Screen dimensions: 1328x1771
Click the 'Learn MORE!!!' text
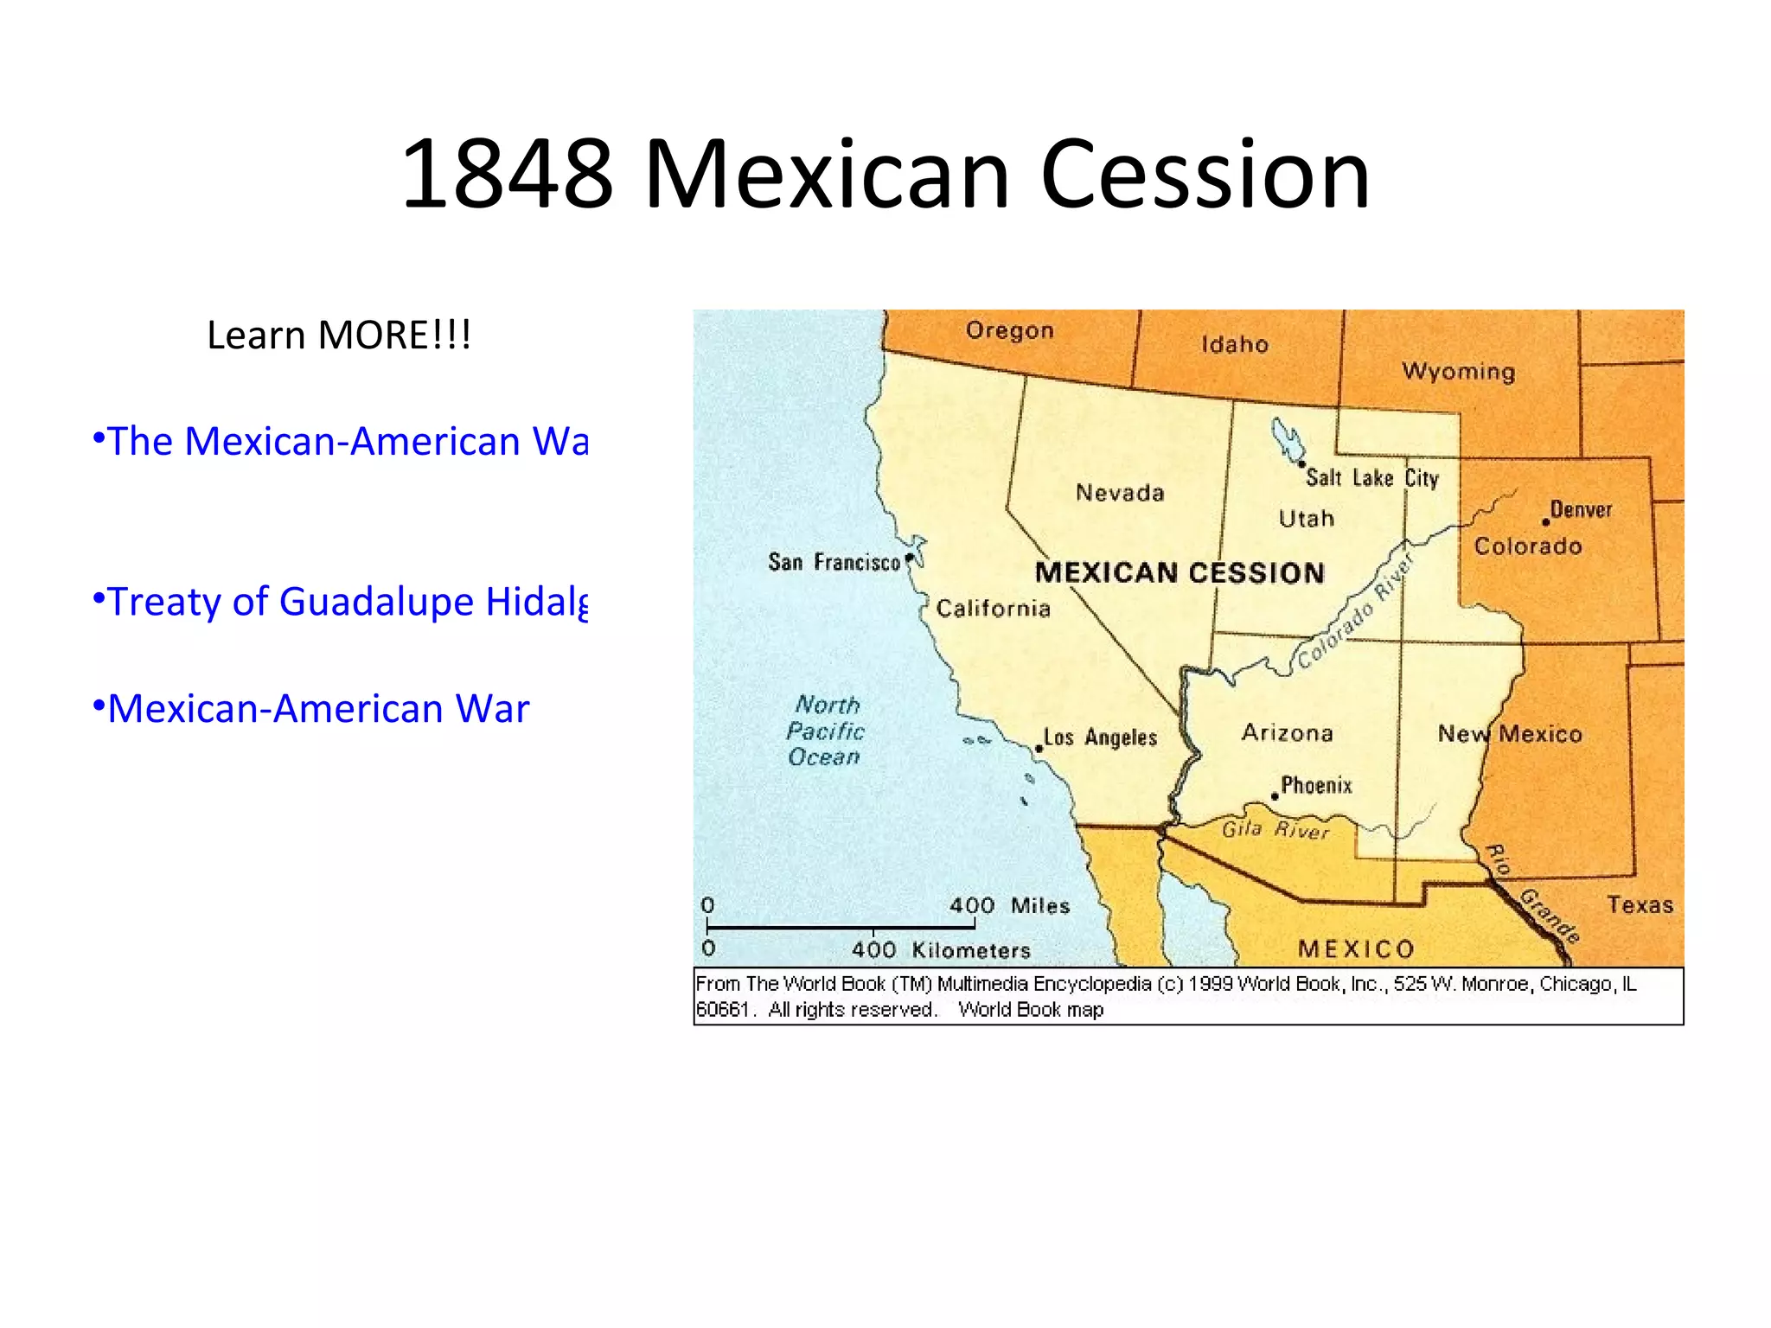[339, 335]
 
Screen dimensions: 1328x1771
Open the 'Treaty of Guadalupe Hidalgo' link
[341, 602]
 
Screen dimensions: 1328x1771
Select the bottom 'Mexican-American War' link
[318, 709]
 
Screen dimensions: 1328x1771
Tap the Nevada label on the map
[1120, 493]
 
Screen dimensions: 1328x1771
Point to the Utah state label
[1307, 519]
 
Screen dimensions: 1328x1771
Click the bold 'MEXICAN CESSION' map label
[1180, 572]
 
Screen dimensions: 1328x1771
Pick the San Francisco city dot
[909, 559]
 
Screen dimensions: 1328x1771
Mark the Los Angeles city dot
[1039, 749]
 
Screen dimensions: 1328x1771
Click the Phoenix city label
[1316, 785]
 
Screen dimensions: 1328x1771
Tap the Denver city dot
[1545, 522]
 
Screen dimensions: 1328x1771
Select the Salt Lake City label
[1372, 478]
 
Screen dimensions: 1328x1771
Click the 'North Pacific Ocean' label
[826, 731]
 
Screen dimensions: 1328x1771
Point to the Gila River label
[1275, 830]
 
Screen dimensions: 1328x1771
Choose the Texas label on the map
[1640, 905]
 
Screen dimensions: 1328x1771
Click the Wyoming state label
[1458, 372]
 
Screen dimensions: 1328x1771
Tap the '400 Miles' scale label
[1009, 905]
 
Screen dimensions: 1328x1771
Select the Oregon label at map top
[1010, 330]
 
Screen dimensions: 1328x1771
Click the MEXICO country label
[1356, 949]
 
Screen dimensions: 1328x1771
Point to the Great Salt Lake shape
[1288, 439]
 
